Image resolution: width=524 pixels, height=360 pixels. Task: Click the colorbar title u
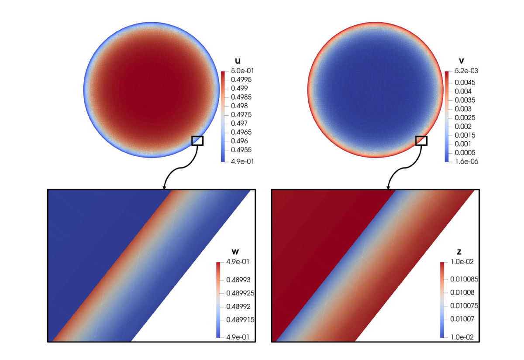(x=238, y=61)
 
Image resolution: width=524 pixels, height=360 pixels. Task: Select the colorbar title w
(x=235, y=252)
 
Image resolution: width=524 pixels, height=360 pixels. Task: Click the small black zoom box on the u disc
(x=197, y=141)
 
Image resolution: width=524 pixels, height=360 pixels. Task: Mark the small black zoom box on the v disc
(x=421, y=141)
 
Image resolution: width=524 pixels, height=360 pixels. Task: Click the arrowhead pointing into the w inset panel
(x=164, y=188)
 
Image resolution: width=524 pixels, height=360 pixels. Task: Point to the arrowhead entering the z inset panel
(x=388, y=188)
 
